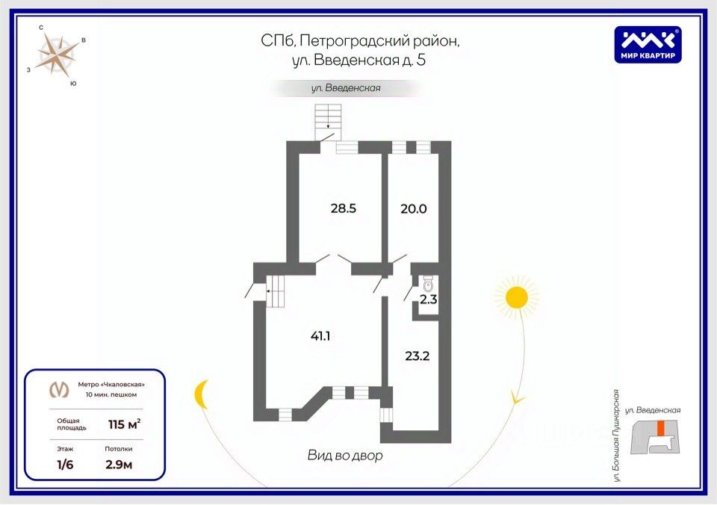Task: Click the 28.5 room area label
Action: pyautogui.click(x=344, y=209)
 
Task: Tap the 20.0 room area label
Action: pyautogui.click(x=412, y=209)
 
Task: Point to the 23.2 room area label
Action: pyautogui.click(x=416, y=356)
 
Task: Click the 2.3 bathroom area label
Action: pyautogui.click(x=427, y=300)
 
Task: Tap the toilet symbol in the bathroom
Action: pyautogui.click(x=428, y=283)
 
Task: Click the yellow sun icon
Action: pyautogui.click(x=515, y=298)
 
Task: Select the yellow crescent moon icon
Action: pyautogui.click(x=201, y=394)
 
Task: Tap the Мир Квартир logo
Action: pyautogui.click(x=647, y=44)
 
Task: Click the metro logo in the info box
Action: pyautogui.click(x=58, y=388)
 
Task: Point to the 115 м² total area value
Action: pyautogui.click(x=124, y=425)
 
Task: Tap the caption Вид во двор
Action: pyautogui.click(x=345, y=455)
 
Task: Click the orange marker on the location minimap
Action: pyautogui.click(x=659, y=429)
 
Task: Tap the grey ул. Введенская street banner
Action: pyautogui.click(x=346, y=88)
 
